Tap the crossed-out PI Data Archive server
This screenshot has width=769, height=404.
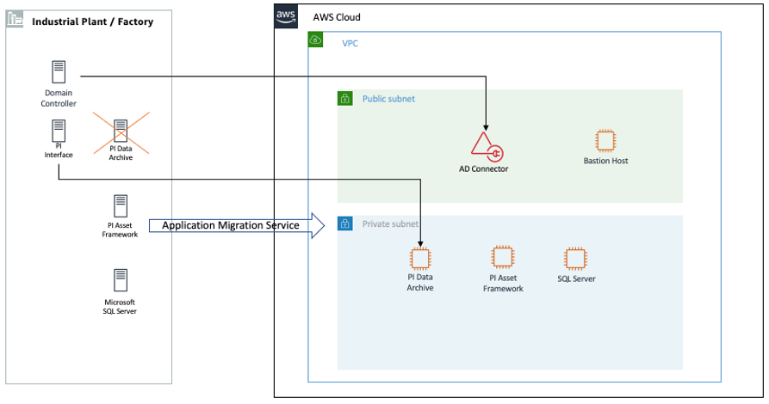[x=121, y=132]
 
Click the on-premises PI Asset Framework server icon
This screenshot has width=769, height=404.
[x=121, y=206]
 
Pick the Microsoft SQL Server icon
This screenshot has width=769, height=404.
[x=121, y=280]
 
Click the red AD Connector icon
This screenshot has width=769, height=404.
[x=485, y=146]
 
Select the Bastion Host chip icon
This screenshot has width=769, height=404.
[x=606, y=141]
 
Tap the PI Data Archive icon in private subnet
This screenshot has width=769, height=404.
[x=420, y=258]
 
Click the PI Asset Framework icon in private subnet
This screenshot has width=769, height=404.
[x=502, y=257]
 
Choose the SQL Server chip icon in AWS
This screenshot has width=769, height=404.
[x=575, y=258]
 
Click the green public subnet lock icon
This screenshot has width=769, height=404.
[x=345, y=98]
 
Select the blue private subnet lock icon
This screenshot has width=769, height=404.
[x=345, y=223]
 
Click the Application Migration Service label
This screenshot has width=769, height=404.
[x=231, y=225]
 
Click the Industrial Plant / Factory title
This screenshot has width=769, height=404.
[x=92, y=21]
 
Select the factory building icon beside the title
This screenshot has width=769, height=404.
[x=16, y=20]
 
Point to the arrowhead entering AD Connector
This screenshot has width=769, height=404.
[x=487, y=129]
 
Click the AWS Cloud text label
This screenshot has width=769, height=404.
[x=337, y=17]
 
